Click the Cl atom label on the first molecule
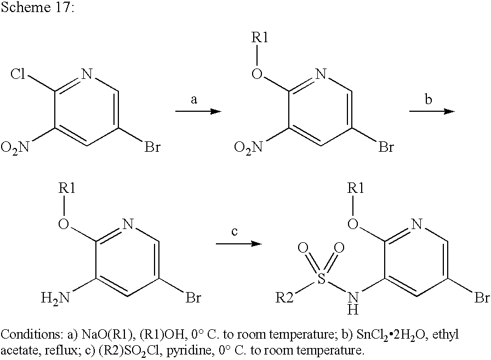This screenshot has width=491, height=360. [x=18, y=74]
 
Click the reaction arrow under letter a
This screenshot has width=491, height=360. [x=198, y=111]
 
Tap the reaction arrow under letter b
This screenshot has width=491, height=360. [x=432, y=111]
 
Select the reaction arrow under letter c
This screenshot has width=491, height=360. [x=238, y=243]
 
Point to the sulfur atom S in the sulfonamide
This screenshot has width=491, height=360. [x=321, y=278]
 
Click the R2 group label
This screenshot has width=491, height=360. [x=284, y=298]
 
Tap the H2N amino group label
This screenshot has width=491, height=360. [x=55, y=298]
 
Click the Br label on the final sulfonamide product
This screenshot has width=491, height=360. [x=482, y=298]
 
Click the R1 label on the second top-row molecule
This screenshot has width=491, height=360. [x=260, y=38]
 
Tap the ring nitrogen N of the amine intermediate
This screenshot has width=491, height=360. [x=128, y=225]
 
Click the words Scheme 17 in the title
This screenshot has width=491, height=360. [x=37, y=7]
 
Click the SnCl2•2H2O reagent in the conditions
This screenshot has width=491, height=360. [x=393, y=335]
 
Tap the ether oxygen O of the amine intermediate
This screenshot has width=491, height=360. [x=64, y=225]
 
